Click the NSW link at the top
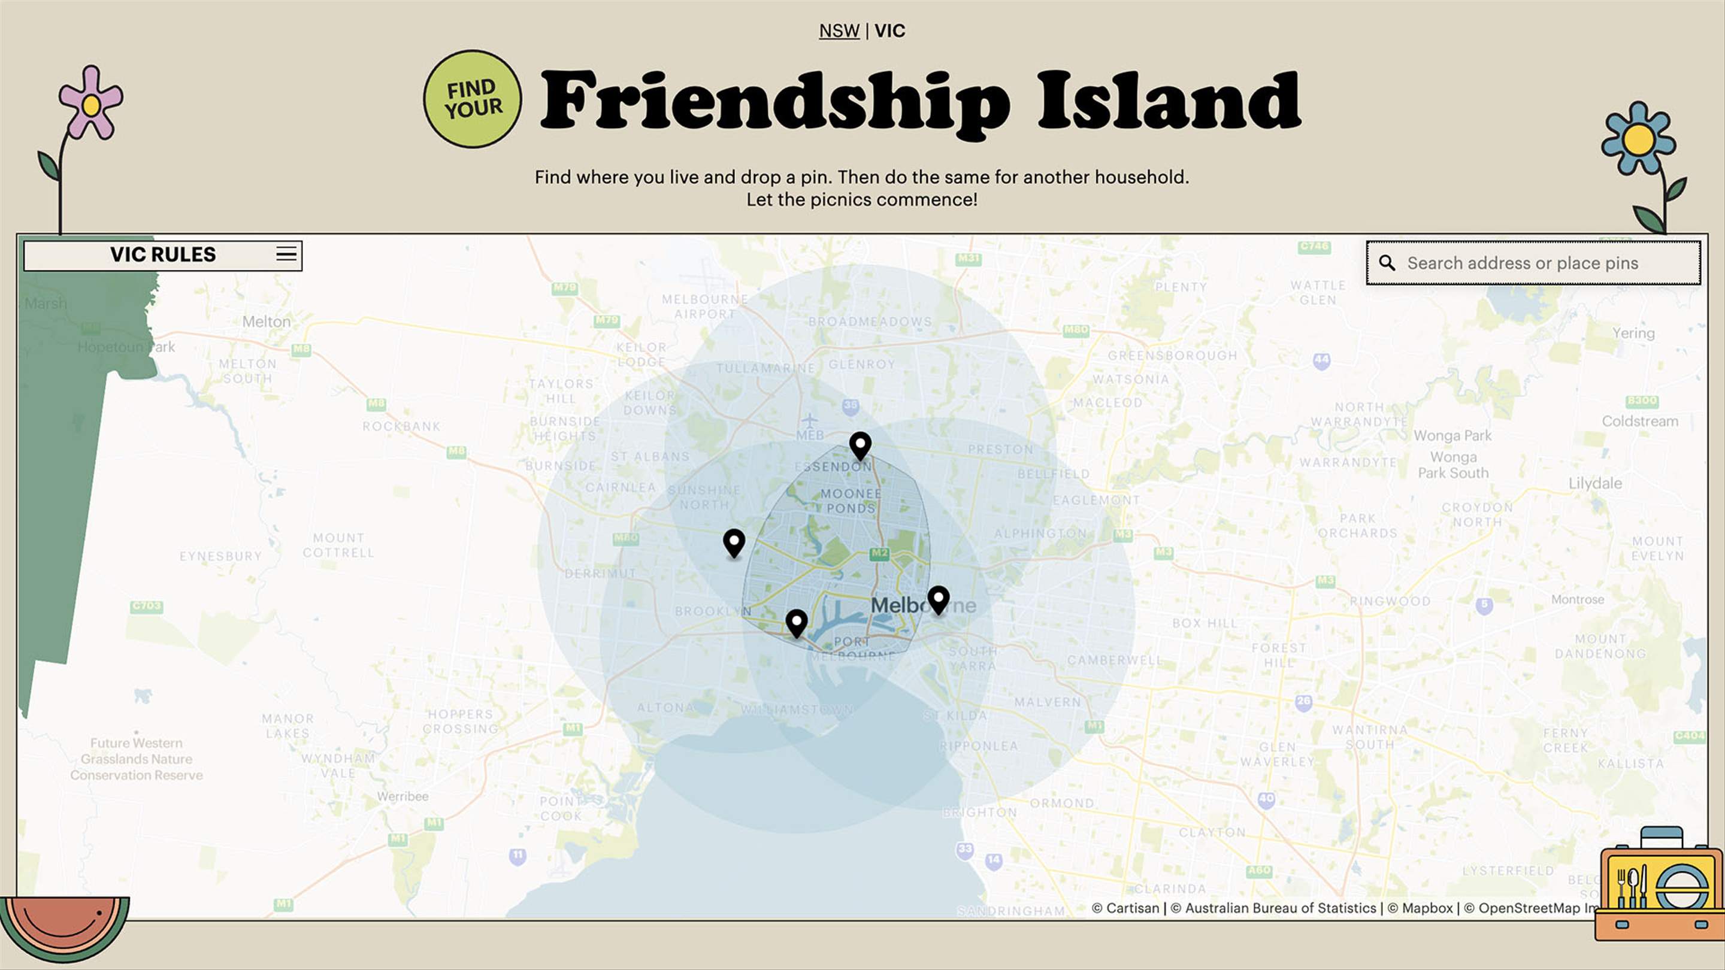click(839, 31)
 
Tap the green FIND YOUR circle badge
click(473, 99)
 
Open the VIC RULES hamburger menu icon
click(286, 254)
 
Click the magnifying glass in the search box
click(1387, 263)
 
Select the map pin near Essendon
click(860, 444)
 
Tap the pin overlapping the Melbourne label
click(938, 599)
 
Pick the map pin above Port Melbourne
click(796, 622)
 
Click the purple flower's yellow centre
click(91, 105)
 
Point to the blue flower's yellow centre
click(1638, 140)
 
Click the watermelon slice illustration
click(64, 927)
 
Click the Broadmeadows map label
click(869, 322)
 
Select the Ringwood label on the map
click(1390, 601)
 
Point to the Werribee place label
click(402, 796)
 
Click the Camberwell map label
click(1114, 660)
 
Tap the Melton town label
click(267, 322)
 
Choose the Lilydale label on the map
click(1594, 483)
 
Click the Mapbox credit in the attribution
click(1426, 908)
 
